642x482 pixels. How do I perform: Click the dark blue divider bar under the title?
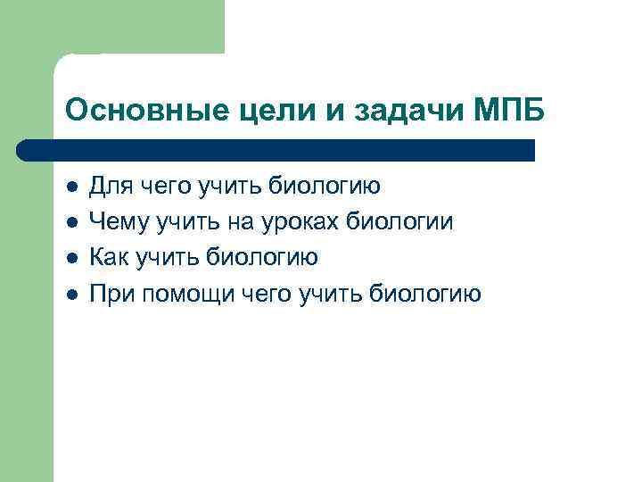tap(276, 150)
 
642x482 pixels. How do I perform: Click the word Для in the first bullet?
tap(109, 187)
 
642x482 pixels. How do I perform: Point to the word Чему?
tap(117, 222)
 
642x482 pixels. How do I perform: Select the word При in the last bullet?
tap(111, 294)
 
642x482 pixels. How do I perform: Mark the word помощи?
tap(187, 295)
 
